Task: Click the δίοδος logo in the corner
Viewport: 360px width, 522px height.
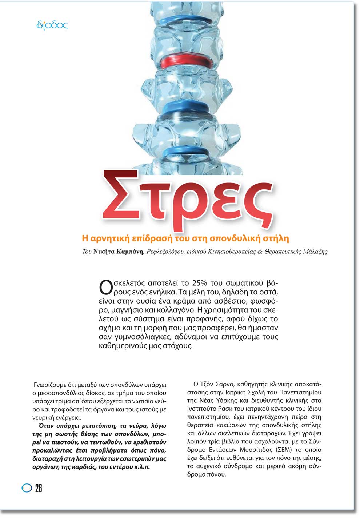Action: (x=52, y=25)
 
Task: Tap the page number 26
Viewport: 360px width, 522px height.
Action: (x=39, y=488)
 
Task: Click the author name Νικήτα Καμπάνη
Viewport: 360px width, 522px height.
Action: (x=118, y=252)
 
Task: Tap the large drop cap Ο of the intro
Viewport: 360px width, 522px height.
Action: (x=105, y=286)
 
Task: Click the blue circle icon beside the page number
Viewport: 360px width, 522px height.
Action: (x=27, y=488)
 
